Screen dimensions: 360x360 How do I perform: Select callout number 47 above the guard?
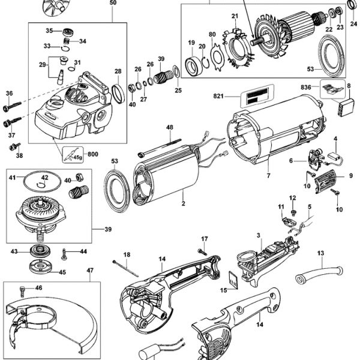(x=90, y=271)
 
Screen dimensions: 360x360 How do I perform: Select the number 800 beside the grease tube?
(x=92, y=154)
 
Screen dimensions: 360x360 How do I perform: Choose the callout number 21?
(x=235, y=16)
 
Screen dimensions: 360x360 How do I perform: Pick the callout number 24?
(x=353, y=23)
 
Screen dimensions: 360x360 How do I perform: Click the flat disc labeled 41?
(x=41, y=178)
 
